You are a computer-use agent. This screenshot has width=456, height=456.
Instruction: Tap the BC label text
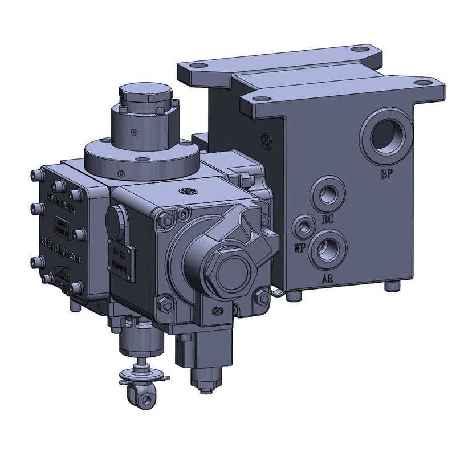327,218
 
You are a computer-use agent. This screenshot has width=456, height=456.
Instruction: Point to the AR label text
329,279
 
